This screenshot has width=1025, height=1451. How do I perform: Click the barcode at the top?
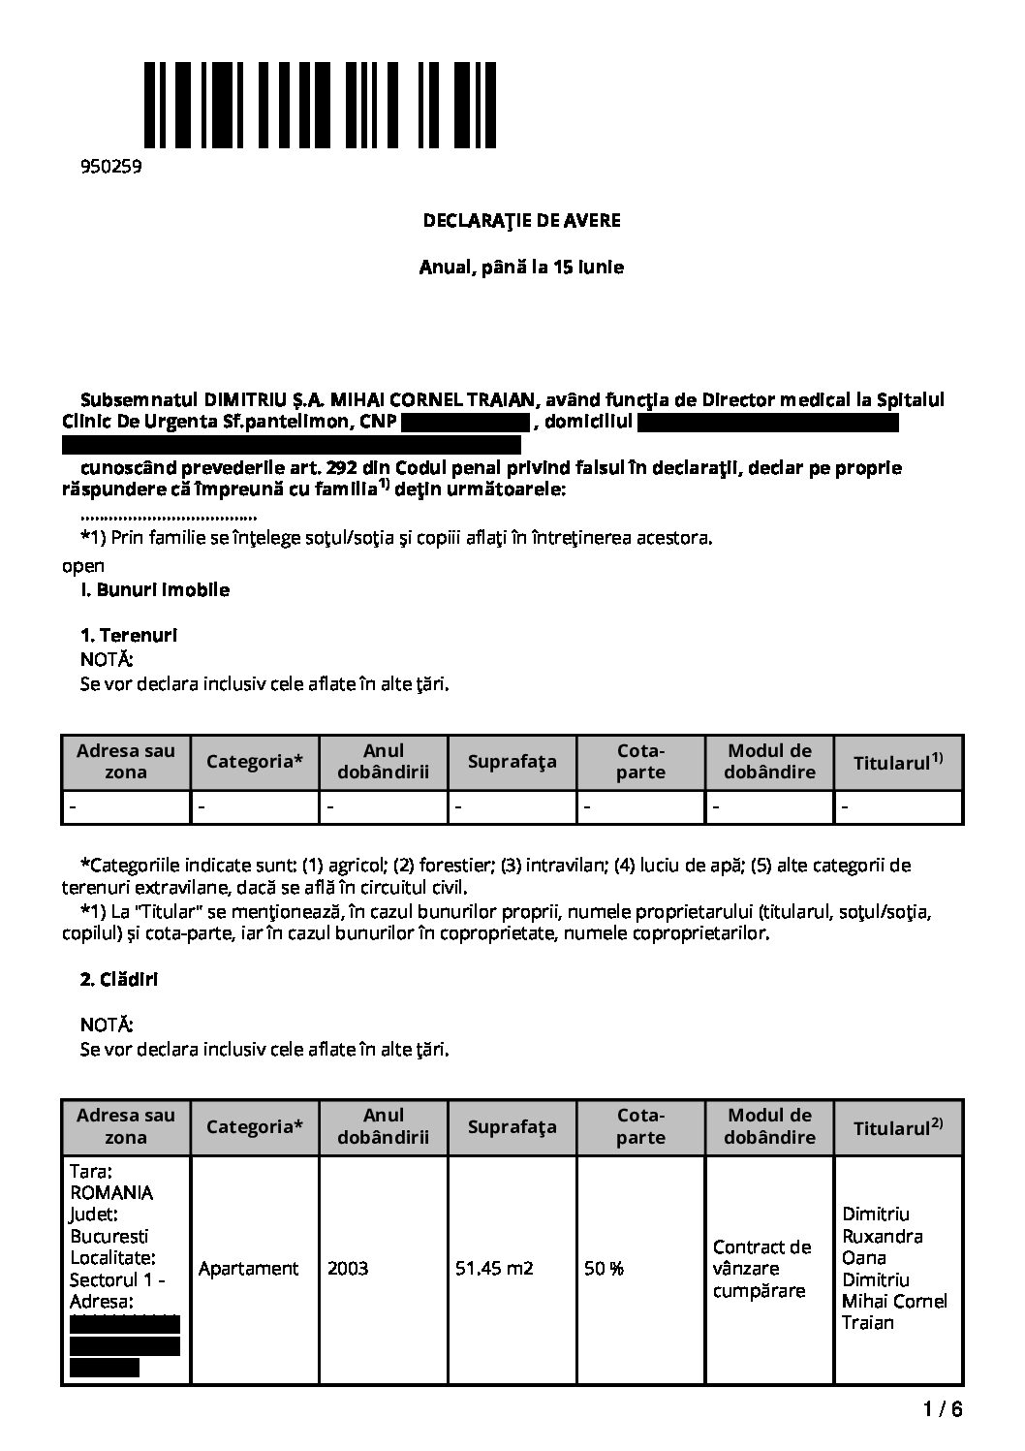pyautogui.click(x=321, y=105)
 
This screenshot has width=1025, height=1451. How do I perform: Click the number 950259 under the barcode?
pyautogui.click(x=110, y=167)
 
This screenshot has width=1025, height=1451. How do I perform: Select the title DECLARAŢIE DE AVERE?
pyautogui.click(x=521, y=220)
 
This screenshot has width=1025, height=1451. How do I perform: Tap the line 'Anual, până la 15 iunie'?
pyautogui.click(x=521, y=267)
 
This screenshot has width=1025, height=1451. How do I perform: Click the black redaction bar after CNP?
pyautogui.click(x=464, y=423)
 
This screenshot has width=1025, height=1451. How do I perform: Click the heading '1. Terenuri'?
pyautogui.click(x=128, y=636)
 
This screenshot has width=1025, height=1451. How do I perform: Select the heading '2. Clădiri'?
pyautogui.click(x=118, y=979)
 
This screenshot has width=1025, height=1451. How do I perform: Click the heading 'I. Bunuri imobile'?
pyautogui.click(x=155, y=589)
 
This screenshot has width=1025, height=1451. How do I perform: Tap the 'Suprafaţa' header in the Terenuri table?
pyautogui.click(x=512, y=762)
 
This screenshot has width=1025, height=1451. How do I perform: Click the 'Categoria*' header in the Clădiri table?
pyautogui.click(x=255, y=1126)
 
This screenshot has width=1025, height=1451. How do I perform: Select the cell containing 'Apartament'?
pyautogui.click(x=248, y=1268)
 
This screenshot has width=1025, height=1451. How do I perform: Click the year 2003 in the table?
pyautogui.click(x=348, y=1268)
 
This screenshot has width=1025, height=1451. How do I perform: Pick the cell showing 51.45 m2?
pyautogui.click(x=494, y=1268)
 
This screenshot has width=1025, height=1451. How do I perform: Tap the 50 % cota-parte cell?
pyautogui.click(x=604, y=1268)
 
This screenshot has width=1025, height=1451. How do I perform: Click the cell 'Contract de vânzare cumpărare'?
pyautogui.click(x=761, y=1268)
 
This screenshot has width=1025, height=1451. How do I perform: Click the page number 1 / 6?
pyautogui.click(x=944, y=1409)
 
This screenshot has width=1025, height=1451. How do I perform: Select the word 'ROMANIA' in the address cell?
pyautogui.click(x=111, y=1192)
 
